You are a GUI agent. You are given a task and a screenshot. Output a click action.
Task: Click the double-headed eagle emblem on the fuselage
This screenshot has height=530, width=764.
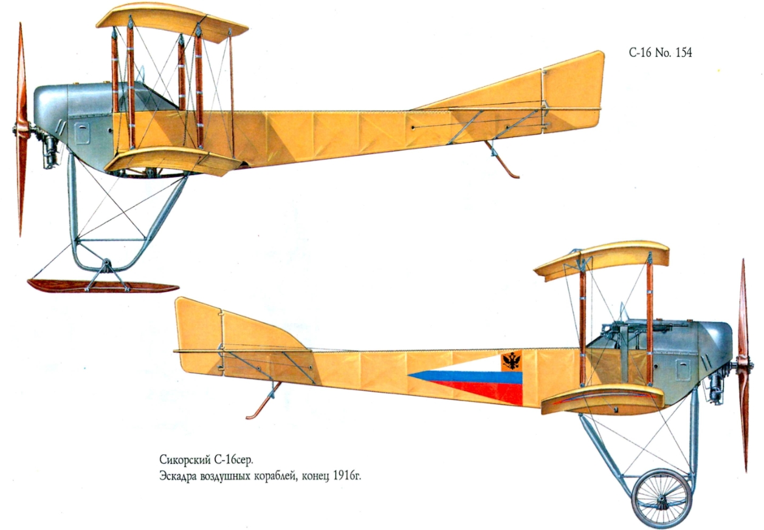512,361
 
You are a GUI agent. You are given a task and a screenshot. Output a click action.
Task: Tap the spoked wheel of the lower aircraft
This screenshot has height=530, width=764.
662,498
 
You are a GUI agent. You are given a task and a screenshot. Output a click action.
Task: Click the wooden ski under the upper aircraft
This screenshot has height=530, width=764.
102,286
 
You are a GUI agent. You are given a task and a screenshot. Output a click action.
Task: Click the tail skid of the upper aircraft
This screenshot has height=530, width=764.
502,160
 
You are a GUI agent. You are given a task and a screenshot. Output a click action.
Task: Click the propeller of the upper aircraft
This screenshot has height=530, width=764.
21,129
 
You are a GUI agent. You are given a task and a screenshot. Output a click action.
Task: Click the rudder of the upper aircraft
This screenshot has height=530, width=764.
572,92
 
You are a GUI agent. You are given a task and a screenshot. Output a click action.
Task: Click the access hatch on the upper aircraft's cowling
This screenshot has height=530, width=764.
82,133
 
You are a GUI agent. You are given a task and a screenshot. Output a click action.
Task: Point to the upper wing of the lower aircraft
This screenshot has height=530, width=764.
602,260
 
